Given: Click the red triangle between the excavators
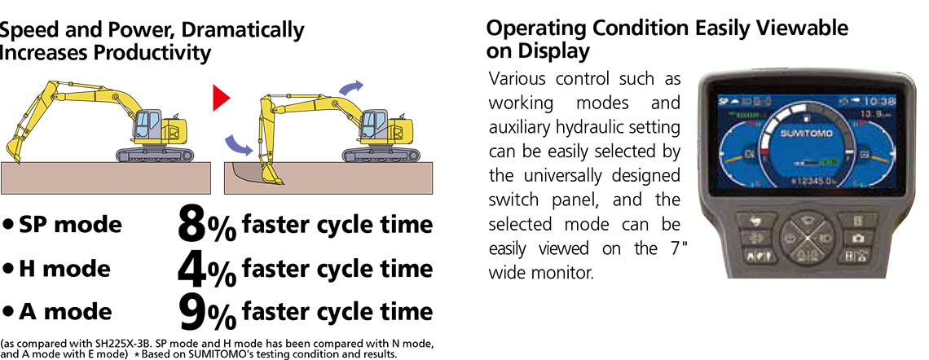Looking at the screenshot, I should [x=220, y=98].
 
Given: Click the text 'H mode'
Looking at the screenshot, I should [x=65, y=268].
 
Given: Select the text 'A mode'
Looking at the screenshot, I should [x=65, y=310].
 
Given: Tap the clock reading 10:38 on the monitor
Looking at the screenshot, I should [x=867, y=101].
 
